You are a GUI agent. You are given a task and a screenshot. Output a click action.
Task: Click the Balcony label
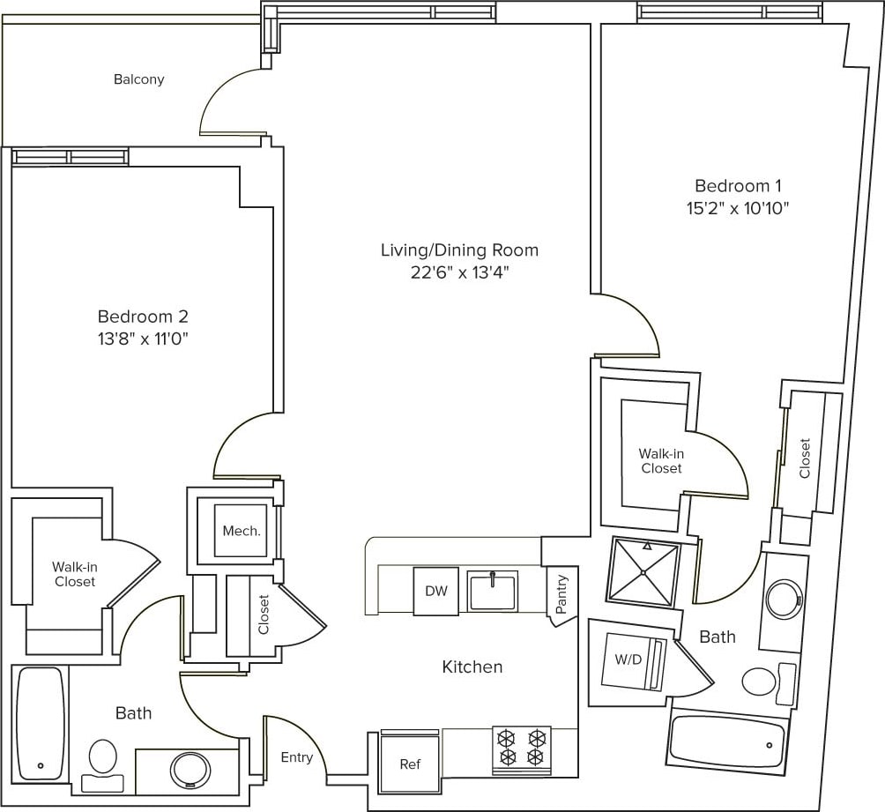(x=138, y=79)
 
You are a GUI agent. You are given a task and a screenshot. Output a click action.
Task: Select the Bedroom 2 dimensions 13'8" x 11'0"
(x=143, y=338)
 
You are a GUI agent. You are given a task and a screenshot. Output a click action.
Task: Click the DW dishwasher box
(x=436, y=592)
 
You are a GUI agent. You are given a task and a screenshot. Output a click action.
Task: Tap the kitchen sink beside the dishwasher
(x=493, y=591)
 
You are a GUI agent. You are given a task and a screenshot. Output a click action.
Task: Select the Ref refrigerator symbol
(x=409, y=763)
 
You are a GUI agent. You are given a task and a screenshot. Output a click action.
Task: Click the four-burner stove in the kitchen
(x=522, y=749)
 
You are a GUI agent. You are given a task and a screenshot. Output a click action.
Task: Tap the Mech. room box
(x=241, y=531)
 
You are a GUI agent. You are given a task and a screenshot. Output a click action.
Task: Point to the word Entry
(x=296, y=757)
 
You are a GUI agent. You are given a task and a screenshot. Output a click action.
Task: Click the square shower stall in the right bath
(x=644, y=572)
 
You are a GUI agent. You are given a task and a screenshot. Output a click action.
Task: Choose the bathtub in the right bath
(x=727, y=742)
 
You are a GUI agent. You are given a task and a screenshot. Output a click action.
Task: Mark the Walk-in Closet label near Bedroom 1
(x=661, y=461)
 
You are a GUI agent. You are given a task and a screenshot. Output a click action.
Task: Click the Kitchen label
(x=472, y=667)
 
